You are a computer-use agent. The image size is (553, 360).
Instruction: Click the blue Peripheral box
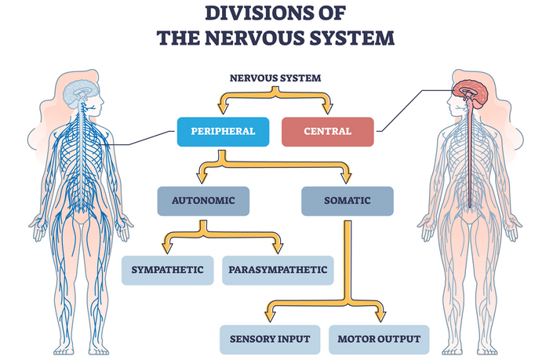(x=223, y=132)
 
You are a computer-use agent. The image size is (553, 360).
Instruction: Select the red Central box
(x=328, y=132)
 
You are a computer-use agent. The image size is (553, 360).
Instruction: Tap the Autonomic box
(x=203, y=201)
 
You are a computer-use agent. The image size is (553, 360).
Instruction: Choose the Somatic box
(x=347, y=201)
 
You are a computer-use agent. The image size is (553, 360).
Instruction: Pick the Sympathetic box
(x=168, y=271)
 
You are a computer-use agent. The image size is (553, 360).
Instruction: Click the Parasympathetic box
(x=278, y=271)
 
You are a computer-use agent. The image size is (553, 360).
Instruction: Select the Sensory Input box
(x=270, y=340)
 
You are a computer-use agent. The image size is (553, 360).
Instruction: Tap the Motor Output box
(x=379, y=340)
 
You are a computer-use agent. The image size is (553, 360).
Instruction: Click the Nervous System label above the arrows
(x=275, y=78)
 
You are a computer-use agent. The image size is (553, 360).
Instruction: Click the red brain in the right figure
(x=471, y=93)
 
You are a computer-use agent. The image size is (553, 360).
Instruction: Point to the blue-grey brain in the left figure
(x=81, y=93)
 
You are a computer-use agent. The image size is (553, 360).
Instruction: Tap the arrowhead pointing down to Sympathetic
(x=167, y=248)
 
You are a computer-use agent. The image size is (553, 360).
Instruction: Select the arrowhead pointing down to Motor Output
(x=380, y=317)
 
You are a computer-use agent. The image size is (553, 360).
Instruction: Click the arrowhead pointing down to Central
(x=327, y=108)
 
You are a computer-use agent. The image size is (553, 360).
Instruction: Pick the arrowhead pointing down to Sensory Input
(x=270, y=317)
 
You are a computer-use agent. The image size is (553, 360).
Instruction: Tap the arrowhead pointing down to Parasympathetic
(x=278, y=248)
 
